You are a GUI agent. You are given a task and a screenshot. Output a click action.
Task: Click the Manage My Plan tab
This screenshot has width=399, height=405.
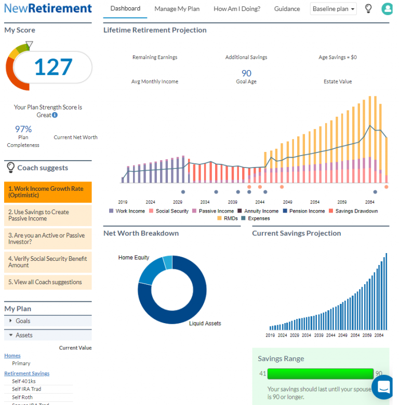click(x=177, y=9)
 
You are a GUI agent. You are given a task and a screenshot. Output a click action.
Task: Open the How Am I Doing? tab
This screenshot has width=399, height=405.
click(x=237, y=9)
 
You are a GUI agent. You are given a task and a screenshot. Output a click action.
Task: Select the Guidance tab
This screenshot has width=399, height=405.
click(x=287, y=9)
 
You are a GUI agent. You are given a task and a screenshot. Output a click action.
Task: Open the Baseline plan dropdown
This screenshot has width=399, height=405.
click(x=334, y=9)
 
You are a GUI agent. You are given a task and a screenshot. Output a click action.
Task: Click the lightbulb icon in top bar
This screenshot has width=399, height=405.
click(x=368, y=9)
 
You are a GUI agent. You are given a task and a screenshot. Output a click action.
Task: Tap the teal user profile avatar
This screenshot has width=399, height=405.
click(x=387, y=9)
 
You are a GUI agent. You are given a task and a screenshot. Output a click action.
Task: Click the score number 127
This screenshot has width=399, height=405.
click(x=53, y=67)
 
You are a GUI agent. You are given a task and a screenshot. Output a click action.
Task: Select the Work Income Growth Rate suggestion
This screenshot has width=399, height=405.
click(x=47, y=192)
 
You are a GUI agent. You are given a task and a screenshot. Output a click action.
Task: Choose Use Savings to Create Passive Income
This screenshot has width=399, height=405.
click(x=47, y=215)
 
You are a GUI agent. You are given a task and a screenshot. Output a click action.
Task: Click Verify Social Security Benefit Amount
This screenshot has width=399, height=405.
click(x=47, y=262)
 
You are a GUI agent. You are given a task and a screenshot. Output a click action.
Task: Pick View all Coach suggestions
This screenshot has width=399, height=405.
click(x=47, y=282)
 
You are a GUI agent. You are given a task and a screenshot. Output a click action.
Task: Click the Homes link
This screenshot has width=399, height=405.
click(x=12, y=356)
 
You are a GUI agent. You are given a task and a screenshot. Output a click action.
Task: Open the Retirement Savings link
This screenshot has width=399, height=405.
click(x=27, y=373)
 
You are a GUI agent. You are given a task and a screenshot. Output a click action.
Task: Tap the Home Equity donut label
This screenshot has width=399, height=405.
click(x=134, y=258)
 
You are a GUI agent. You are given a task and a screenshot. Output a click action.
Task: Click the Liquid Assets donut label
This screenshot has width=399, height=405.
click(x=205, y=324)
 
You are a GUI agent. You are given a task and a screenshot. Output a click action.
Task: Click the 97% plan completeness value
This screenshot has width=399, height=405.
click(x=23, y=129)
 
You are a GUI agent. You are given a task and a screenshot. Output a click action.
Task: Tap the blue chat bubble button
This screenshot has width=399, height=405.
click(x=385, y=386)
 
